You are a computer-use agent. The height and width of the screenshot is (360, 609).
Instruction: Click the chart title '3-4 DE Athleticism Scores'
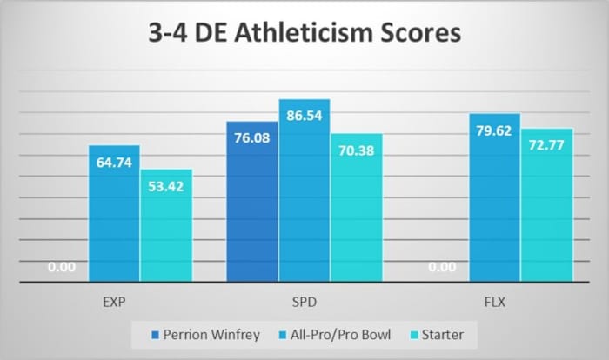point(304,37)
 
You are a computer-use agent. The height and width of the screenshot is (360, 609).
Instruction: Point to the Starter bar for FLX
point(547,205)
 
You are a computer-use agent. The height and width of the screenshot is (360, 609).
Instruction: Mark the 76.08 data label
point(252,137)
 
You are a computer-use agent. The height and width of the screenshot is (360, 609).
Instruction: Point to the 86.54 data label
point(304,115)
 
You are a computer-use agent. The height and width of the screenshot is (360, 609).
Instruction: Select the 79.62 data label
point(495,130)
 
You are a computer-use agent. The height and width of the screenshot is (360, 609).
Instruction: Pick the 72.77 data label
point(547,144)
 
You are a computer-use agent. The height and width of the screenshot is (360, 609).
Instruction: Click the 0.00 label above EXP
point(62,268)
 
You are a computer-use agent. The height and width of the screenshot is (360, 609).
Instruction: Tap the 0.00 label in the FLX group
point(443,268)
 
